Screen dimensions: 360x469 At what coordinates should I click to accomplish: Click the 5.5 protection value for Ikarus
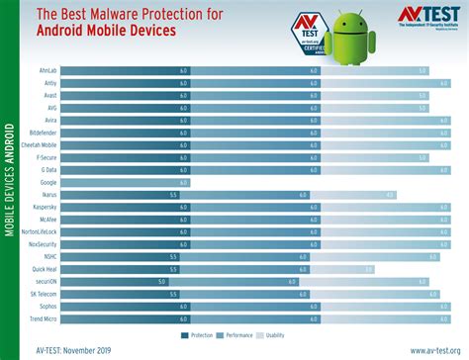click(173, 195)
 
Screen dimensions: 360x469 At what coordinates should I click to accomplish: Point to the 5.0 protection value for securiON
click(160, 281)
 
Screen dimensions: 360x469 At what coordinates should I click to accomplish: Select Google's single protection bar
click(124, 182)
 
